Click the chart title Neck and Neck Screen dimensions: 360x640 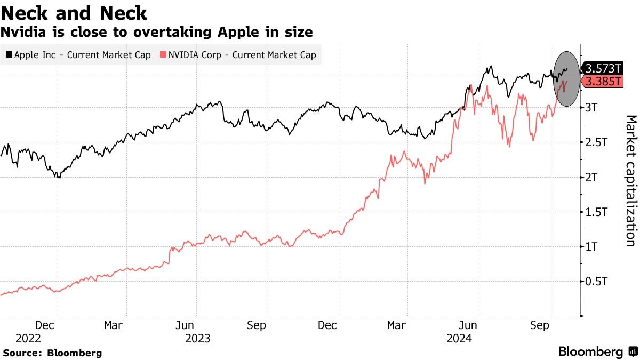pyautogui.click(x=74, y=13)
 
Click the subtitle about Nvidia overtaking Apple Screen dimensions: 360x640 pyautogui.click(x=156, y=32)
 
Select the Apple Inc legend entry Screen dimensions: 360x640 pyautogui.click(x=79, y=55)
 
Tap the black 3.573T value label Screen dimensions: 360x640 pyautogui.click(x=603, y=68)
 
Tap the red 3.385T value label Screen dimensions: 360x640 pyautogui.click(x=603, y=82)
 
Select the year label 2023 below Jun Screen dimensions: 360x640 pyautogui.click(x=197, y=338)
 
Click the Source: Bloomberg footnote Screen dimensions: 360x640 pyautogui.click(x=52, y=353)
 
